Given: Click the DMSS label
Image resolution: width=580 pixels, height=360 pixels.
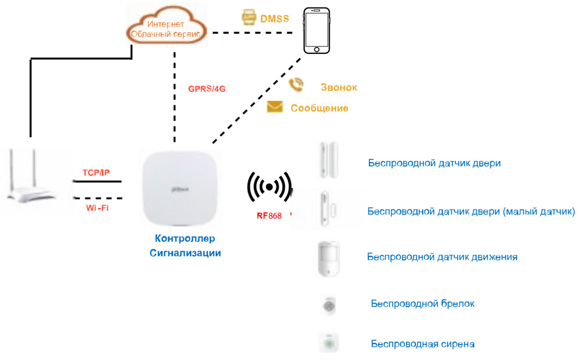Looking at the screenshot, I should point(274,19).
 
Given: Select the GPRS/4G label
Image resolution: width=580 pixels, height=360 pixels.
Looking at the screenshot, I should point(206,89).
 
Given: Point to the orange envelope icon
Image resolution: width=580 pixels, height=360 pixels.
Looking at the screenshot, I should point(274,107).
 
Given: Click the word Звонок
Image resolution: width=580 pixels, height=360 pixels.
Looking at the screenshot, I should point(339,88).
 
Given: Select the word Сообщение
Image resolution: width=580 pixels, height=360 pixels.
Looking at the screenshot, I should point(319,108).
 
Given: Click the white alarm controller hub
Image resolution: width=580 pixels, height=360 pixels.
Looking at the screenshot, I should point(180,188).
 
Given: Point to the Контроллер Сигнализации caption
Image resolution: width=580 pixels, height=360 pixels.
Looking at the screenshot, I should point(185,246).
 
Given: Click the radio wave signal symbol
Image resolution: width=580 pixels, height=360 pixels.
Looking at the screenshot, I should point(269,187).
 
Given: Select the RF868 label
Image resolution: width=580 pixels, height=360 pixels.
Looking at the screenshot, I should point(269,216).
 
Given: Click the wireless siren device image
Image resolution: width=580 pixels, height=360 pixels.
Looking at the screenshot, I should point(329,342).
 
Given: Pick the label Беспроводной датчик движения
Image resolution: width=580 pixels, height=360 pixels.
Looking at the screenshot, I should point(443,256).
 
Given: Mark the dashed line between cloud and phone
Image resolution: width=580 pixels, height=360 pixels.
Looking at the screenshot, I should point(255,32).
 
